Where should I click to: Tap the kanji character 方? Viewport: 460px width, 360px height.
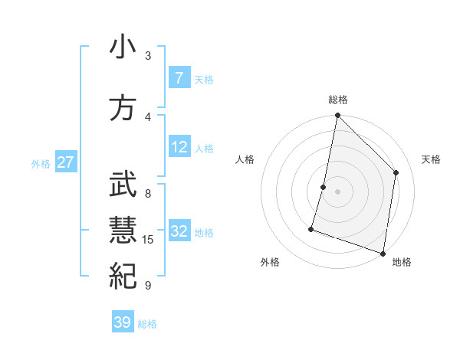coord(123,107)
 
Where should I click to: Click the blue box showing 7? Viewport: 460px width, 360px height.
coord(179,77)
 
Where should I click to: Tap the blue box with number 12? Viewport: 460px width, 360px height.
coord(179,147)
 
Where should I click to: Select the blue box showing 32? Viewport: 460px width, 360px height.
coord(179,231)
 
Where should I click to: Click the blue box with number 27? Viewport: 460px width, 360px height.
coord(66,163)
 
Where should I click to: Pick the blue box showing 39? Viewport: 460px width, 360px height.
coord(123,322)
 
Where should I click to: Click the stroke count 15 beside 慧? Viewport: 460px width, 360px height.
coord(148,240)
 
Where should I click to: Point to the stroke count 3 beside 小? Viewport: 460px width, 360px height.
coord(148,55)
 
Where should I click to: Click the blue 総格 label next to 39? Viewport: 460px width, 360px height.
coord(148,324)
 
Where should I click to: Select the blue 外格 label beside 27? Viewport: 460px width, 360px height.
coord(41,164)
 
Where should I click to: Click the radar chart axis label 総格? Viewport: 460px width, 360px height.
coord(337,100)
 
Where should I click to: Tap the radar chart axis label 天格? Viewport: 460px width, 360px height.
coord(432,159)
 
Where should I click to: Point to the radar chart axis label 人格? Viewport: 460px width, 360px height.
coord(245,159)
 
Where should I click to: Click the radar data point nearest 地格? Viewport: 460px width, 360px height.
coord(383,253)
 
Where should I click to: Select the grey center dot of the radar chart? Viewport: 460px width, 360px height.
coord(337,191)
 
